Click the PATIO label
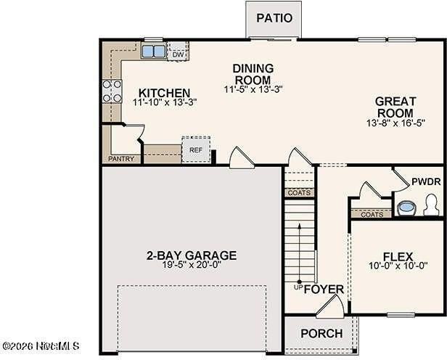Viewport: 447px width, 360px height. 275,18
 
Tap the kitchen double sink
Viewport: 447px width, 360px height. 152,52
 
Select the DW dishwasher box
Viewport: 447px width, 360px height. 178,53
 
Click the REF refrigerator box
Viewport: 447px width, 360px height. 195,150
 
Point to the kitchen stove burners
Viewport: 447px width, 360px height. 112,91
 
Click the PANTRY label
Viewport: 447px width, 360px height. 120,158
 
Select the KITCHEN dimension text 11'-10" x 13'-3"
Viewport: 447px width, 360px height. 164,103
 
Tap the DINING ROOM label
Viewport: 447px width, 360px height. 252,74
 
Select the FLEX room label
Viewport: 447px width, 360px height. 398,256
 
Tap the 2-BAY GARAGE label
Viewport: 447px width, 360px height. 192,255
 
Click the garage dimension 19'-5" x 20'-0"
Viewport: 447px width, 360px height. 192,266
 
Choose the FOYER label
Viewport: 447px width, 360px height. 324,289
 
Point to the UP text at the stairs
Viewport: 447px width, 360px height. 297,287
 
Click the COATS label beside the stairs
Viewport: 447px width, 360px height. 299,193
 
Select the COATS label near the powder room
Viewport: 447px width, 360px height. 372,214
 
